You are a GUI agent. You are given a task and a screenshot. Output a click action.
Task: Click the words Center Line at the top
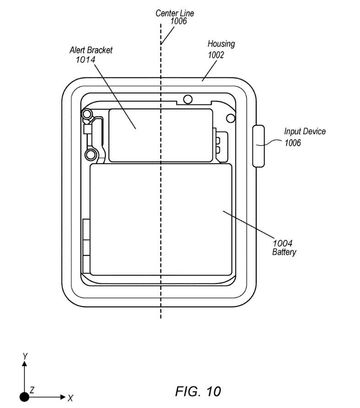point(175,13)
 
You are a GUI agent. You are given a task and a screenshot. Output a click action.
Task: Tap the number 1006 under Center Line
point(178,21)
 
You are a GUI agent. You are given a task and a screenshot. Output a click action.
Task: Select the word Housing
point(221,44)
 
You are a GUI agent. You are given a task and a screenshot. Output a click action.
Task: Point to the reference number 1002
point(216,54)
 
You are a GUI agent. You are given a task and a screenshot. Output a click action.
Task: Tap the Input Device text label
point(305,131)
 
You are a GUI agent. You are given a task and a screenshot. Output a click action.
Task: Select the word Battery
point(284,252)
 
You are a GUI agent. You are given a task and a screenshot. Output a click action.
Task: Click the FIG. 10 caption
point(198,392)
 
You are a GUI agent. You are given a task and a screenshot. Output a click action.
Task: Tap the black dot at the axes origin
point(25,397)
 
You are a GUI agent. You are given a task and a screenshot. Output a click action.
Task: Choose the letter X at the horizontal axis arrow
point(70,397)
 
